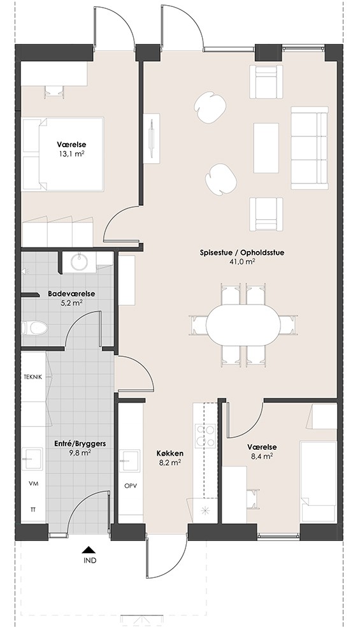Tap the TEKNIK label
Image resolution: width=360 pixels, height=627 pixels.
(32, 377)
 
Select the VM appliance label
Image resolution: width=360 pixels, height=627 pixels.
(33, 484)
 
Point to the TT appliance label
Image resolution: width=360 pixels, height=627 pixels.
(32, 510)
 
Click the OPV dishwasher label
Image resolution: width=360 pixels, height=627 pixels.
(131, 486)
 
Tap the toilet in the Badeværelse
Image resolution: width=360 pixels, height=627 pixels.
(34, 328)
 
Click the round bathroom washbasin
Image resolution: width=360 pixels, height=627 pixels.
(81, 262)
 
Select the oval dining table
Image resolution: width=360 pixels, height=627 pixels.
(243, 325)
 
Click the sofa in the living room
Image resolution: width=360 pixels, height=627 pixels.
(309, 148)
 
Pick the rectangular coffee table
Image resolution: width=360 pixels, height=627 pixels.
(266, 147)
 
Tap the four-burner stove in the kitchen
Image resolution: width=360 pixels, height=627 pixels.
(205, 436)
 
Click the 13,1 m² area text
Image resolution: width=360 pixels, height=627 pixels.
(71, 153)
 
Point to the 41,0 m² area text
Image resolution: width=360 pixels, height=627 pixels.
(242, 261)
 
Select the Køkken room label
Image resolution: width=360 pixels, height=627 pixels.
(170, 454)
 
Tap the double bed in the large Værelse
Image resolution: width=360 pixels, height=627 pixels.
(63, 154)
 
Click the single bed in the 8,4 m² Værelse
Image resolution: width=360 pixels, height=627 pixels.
(319, 481)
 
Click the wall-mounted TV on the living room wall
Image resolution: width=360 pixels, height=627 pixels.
(152, 138)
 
